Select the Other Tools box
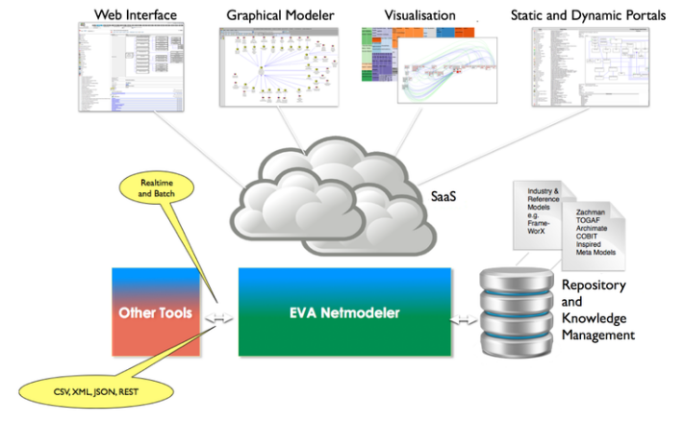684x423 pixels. pyautogui.click(x=156, y=313)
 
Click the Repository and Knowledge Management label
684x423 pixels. pyautogui.click(x=596, y=310)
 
